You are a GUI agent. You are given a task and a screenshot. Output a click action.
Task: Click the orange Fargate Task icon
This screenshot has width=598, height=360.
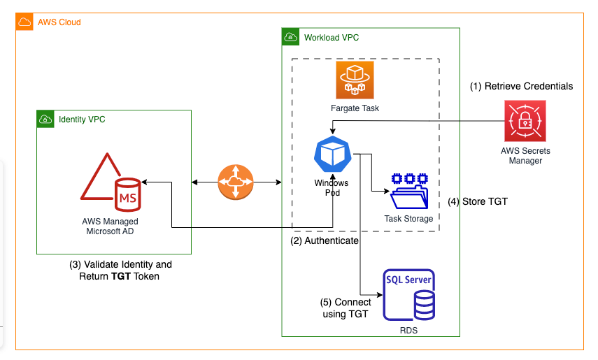tap(355, 80)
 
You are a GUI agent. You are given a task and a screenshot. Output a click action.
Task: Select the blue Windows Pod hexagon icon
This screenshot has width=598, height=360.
tap(332, 155)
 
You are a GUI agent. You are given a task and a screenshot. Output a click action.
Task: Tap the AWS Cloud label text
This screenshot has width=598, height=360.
tap(59, 22)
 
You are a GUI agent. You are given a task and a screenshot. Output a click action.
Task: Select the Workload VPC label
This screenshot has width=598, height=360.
tap(332, 37)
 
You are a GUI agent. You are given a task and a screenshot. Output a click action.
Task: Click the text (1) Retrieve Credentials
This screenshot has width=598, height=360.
tap(521, 86)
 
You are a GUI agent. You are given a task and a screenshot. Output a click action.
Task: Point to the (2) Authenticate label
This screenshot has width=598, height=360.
tap(325, 240)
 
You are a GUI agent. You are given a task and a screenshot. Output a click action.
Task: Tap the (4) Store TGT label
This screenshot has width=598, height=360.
tap(478, 201)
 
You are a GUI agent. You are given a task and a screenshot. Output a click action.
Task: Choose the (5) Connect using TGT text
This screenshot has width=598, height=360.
tap(344, 308)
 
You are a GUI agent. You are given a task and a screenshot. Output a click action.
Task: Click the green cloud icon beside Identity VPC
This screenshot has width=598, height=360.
tap(45, 120)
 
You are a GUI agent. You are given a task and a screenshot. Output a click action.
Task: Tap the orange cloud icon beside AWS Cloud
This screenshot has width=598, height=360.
tap(24, 22)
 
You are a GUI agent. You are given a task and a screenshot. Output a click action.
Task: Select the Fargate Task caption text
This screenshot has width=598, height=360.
tap(355, 108)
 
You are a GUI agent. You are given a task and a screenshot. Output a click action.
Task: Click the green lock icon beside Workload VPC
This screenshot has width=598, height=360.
tap(290, 37)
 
